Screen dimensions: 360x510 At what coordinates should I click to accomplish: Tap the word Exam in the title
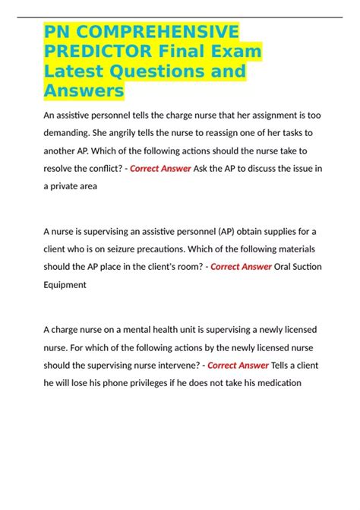[235, 52]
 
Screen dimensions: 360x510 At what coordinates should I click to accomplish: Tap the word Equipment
[71, 286]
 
